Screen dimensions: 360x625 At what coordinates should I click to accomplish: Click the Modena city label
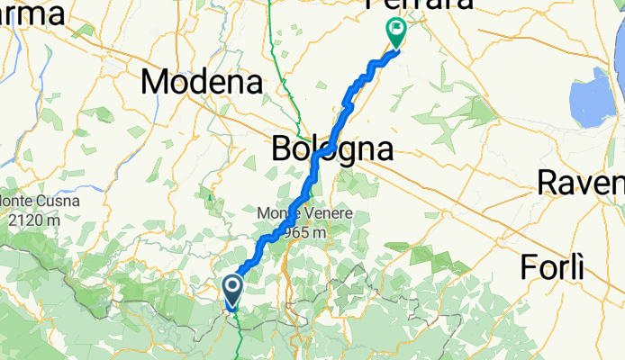203,83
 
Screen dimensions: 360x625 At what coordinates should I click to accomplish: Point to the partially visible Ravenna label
580,184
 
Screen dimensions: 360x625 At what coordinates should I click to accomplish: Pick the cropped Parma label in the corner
32,13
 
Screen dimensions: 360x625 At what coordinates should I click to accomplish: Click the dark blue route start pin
232,291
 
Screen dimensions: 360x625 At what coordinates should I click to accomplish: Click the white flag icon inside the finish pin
395,30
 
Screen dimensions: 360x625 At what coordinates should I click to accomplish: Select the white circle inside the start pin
232,287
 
